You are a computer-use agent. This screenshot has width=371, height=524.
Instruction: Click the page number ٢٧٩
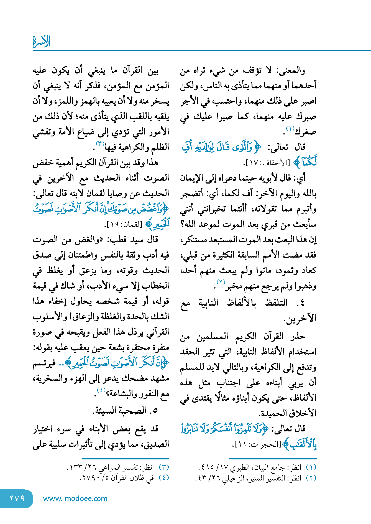pos(17,498)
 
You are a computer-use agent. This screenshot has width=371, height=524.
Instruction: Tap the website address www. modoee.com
pos(75,498)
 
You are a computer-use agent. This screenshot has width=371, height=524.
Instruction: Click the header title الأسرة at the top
pos(42,42)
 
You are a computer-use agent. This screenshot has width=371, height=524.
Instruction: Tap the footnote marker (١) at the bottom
pos(311,467)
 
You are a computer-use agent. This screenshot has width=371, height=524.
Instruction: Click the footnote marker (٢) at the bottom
pos(311,478)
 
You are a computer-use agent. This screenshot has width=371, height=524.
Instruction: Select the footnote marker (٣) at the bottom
pos(164,467)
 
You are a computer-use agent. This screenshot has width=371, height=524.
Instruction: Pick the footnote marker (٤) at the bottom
pos(164,478)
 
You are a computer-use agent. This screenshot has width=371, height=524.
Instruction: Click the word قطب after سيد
pos(119,240)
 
